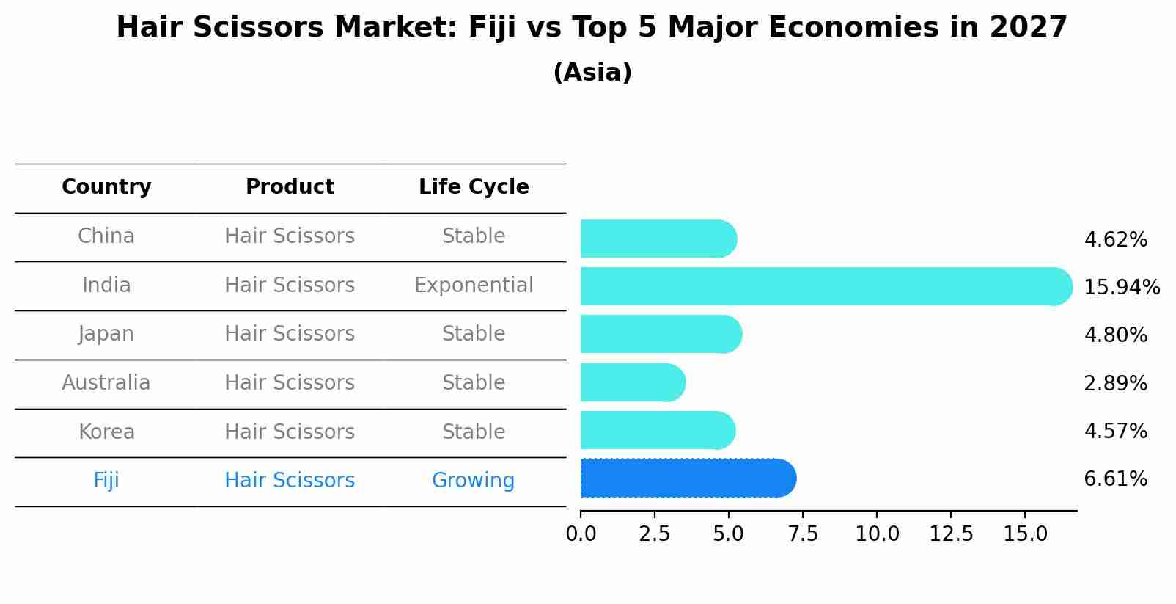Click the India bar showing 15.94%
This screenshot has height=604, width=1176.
825,286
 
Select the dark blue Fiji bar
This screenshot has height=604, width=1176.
687,479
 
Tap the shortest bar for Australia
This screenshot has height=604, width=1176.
632,382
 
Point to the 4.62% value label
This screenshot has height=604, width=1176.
1115,240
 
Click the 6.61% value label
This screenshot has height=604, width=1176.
1115,479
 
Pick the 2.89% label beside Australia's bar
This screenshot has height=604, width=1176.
1115,383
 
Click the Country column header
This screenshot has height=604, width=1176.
106,187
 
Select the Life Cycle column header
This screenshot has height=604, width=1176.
474,187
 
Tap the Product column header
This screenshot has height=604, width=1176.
290,187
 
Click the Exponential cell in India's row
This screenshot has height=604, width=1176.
474,285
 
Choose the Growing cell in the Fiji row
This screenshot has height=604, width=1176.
473,481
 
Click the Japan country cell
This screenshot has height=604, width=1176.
106,334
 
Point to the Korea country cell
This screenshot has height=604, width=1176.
106,432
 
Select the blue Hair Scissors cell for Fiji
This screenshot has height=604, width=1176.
290,481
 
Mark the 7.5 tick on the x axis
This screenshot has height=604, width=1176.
803,534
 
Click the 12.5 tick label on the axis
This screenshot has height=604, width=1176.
951,534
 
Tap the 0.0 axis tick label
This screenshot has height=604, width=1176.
581,534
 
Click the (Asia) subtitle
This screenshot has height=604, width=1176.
592,73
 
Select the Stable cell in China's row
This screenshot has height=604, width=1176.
474,236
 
